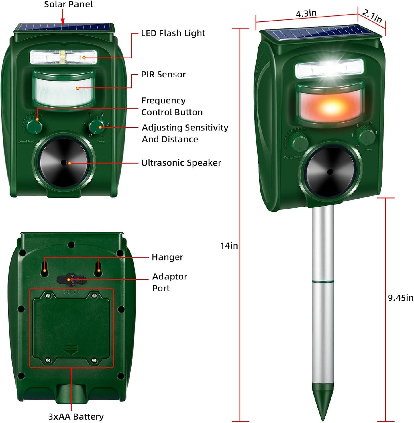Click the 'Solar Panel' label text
(x=68, y=5)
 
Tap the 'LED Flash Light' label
(x=173, y=33)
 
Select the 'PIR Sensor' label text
(x=163, y=75)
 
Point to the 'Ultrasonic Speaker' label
(x=181, y=163)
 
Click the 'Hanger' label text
(x=167, y=257)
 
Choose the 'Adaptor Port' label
(x=169, y=282)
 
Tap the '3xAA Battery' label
(x=76, y=416)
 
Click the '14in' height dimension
(x=229, y=246)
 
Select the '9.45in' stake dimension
(x=401, y=298)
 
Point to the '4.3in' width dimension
(x=306, y=13)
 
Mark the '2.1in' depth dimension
(x=372, y=16)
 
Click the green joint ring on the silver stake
(x=323, y=282)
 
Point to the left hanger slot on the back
(x=45, y=267)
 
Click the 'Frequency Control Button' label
(x=172, y=106)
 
